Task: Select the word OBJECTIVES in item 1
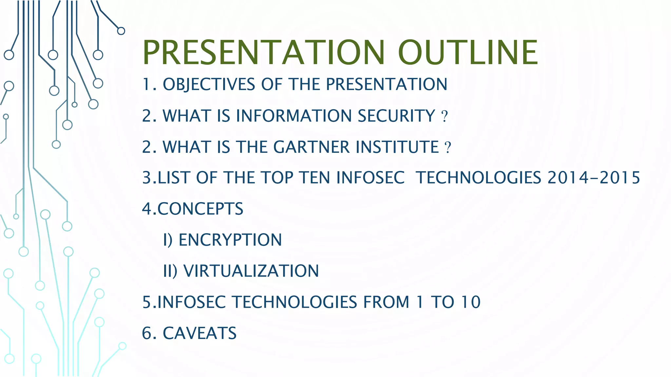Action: pos(209,84)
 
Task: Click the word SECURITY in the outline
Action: pos(396,116)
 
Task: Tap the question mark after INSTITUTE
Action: pos(448,148)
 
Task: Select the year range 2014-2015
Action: pos(593,178)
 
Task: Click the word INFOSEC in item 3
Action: pos(370,178)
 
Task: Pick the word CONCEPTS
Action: pos(201,209)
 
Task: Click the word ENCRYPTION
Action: pos(230,240)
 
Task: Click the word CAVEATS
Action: pos(200,333)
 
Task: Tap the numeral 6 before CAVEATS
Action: pos(147,333)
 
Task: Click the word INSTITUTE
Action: pos(397,147)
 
